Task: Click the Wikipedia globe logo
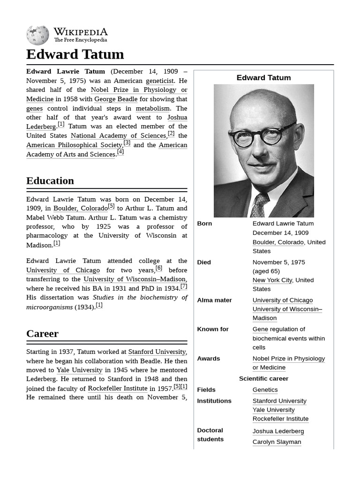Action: tap(37, 35)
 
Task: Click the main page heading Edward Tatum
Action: tap(75, 54)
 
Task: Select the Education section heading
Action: tap(50, 181)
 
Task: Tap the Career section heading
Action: tap(42, 334)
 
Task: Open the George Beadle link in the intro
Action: tap(116, 99)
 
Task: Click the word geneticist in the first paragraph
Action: tap(160, 81)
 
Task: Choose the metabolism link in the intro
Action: tap(152, 108)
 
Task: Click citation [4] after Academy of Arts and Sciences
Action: tap(120, 152)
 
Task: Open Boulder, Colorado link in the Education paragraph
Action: tap(80, 208)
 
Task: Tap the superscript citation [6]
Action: tap(159, 268)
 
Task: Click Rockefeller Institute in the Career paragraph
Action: tap(117, 388)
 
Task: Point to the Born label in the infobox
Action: tap(204, 224)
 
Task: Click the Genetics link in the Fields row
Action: tap(265, 390)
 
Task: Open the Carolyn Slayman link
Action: tap(277, 442)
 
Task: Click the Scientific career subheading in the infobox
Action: tap(263, 378)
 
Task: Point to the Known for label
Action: tap(213, 329)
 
